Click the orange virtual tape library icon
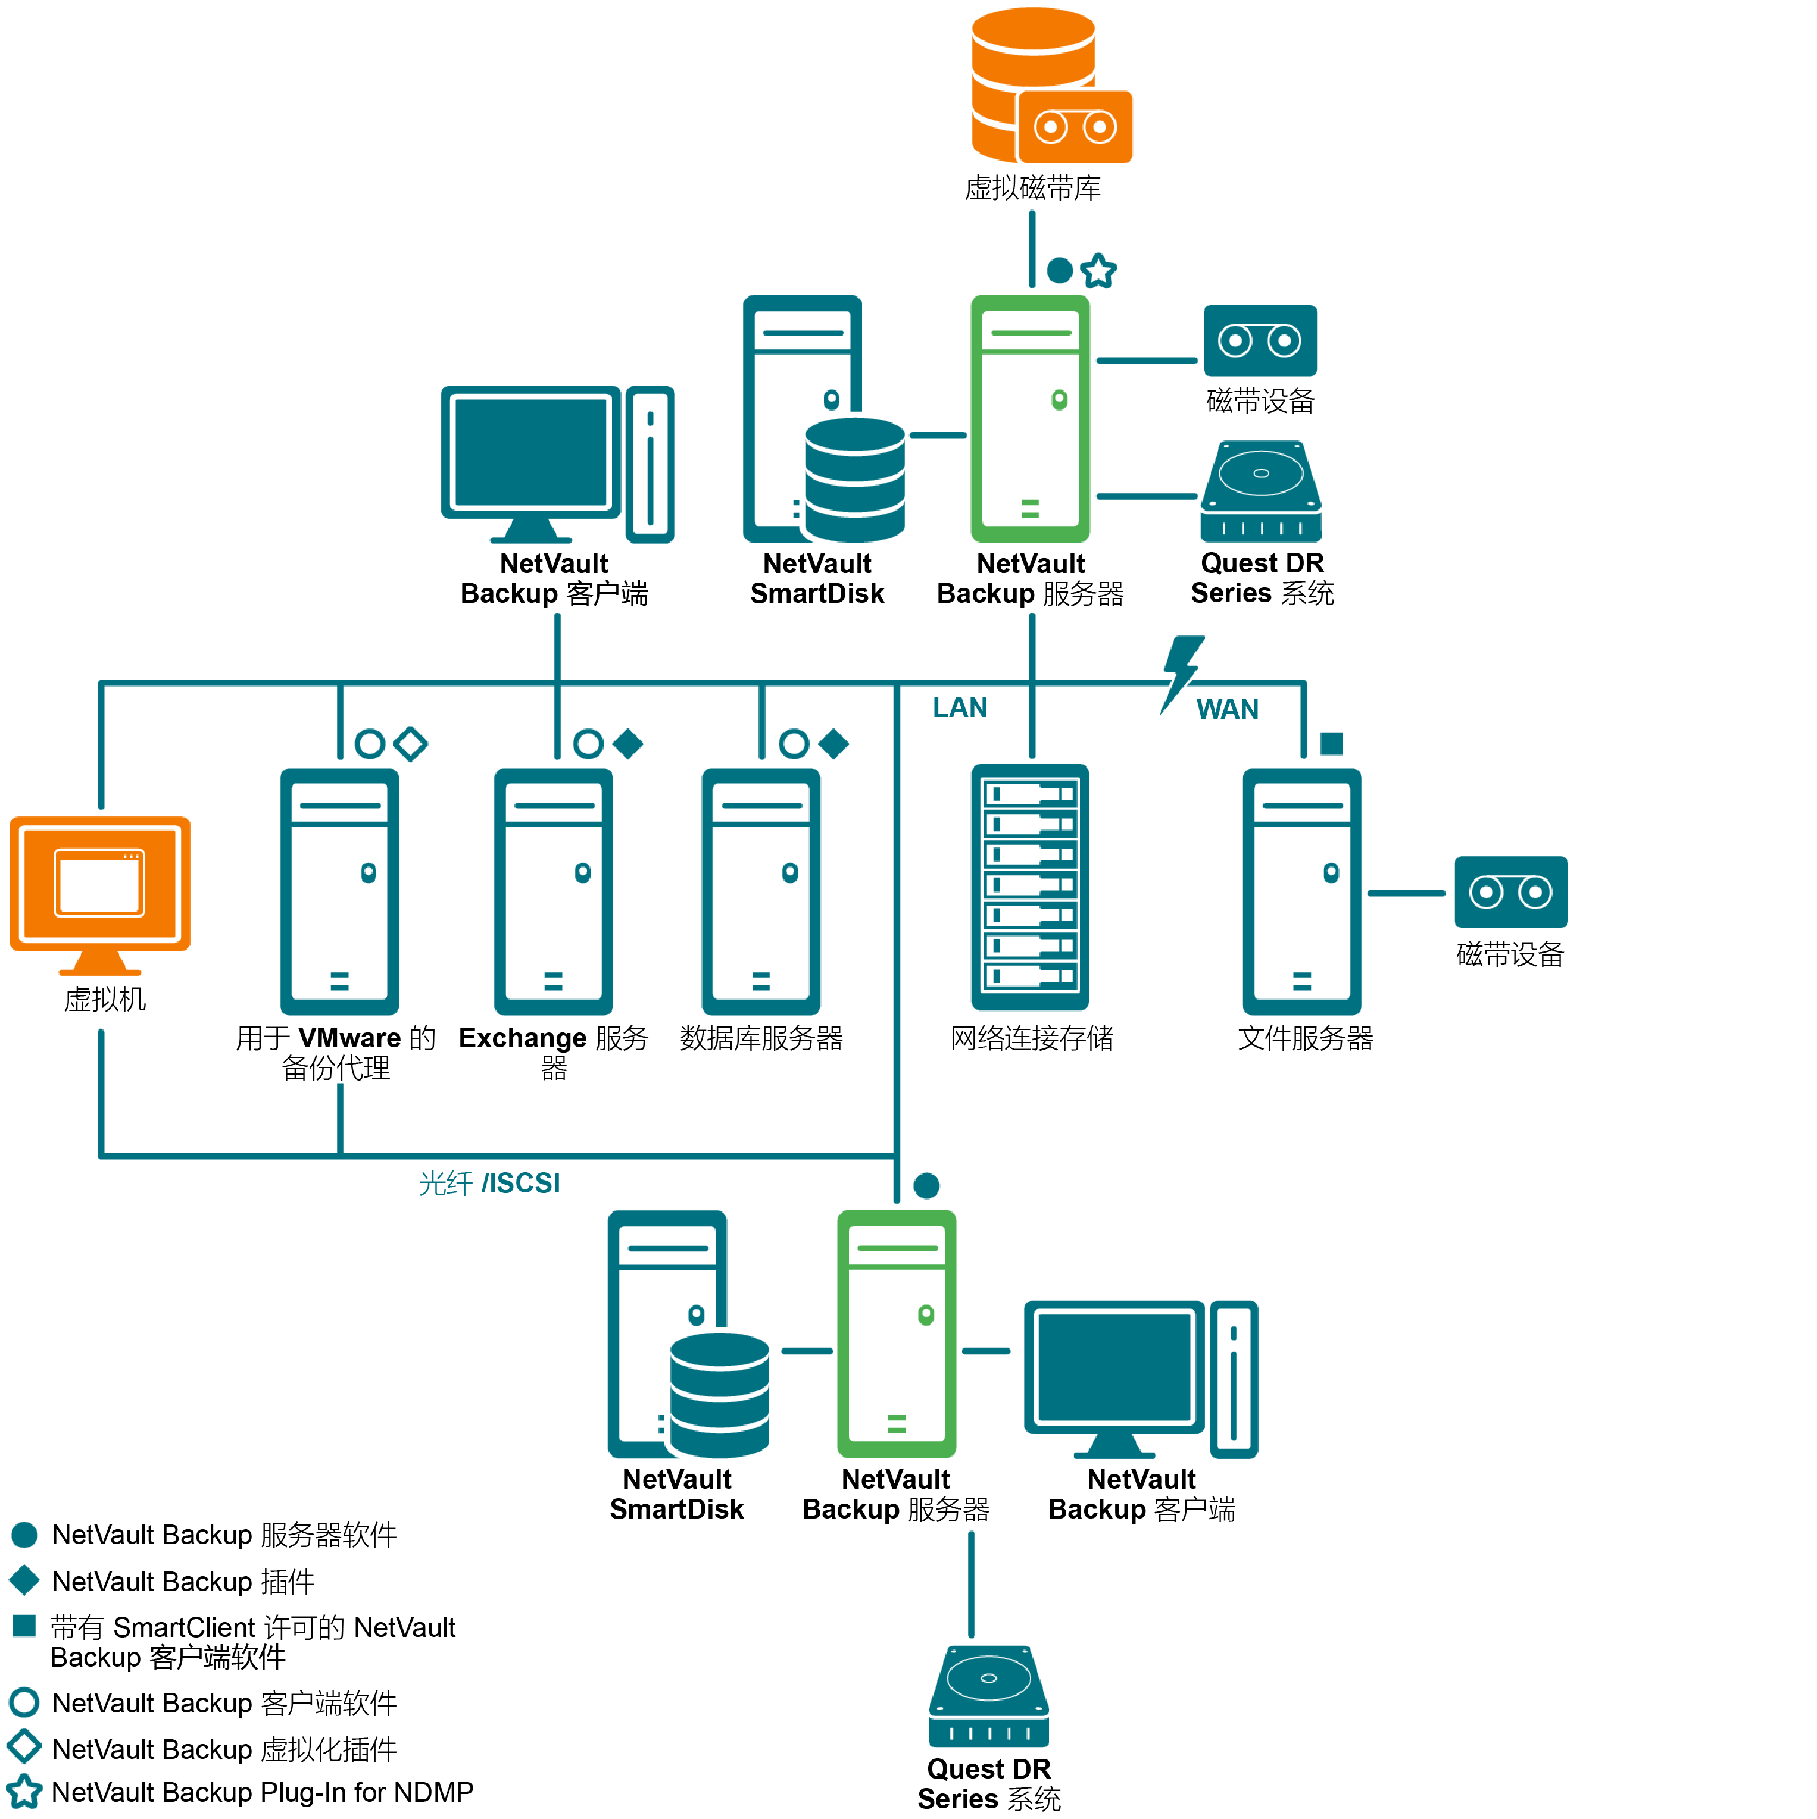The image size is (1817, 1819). [1050, 87]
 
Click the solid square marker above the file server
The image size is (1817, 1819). [1331, 744]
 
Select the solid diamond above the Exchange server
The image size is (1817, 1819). [627, 744]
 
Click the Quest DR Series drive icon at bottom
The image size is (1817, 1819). [988, 1695]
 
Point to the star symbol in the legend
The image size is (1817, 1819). [24, 1792]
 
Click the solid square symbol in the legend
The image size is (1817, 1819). [24, 1625]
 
